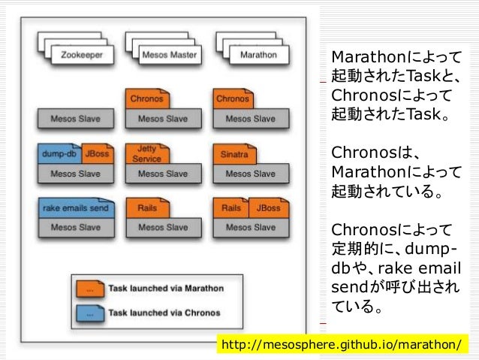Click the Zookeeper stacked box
tap(82, 55)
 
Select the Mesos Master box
tap(170, 55)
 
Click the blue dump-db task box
tap(59, 154)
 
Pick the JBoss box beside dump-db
tap(97, 154)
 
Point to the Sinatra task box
tap(233, 154)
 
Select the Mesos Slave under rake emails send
tap(75, 227)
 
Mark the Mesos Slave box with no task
tap(75, 118)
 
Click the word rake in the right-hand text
tap(395, 270)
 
